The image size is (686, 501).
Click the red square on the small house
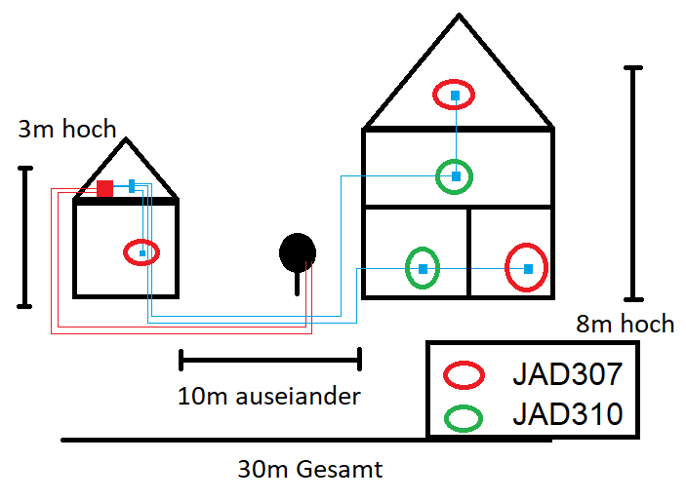pyautogui.click(x=104, y=188)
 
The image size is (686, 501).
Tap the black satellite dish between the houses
pyautogui.click(x=298, y=252)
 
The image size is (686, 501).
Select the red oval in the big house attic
pyautogui.click(x=455, y=95)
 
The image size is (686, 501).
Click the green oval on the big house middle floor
pyautogui.click(x=455, y=176)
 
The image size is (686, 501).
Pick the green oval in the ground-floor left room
pyautogui.click(x=423, y=268)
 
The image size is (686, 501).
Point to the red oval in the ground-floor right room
pyautogui.click(x=527, y=268)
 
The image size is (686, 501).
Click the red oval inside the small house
pyautogui.click(x=142, y=252)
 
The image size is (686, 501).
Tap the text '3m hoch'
pyautogui.click(x=66, y=129)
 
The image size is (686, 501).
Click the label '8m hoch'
pyautogui.click(x=625, y=324)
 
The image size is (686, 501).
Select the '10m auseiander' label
pyautogui.click(x=269, y=397)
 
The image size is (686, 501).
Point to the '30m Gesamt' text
pyautogui.click(x=310, y=470)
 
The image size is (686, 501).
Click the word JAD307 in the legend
pyautogui.click(x=567, y=373)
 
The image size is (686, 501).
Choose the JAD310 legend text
pyautogui.click(x=567, y=415)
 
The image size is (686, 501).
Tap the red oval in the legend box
pyautogui.click(x=464, y=374)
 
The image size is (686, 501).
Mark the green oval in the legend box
pyautogui.click(x=464, y=417)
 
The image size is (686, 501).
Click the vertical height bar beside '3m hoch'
pyautogui.click(x=25, y=237)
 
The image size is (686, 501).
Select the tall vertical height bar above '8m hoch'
pyautogui.click(x=634, y=182)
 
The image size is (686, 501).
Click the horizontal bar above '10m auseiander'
pyautogui.click(x=270, y=360)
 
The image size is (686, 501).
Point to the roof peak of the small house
pyautogui.click(x=126, y=140)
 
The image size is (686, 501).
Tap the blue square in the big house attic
pyautogui.click(x=455, y=95)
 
